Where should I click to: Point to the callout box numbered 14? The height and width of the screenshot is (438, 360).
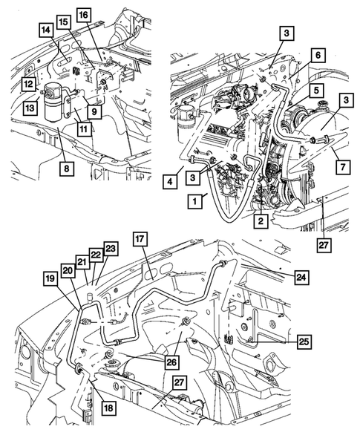[45, 30]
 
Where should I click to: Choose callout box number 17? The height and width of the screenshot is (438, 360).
[140, 238]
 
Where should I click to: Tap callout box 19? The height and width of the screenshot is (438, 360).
[50, 280]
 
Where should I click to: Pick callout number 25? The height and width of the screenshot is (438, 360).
[304, 342]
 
